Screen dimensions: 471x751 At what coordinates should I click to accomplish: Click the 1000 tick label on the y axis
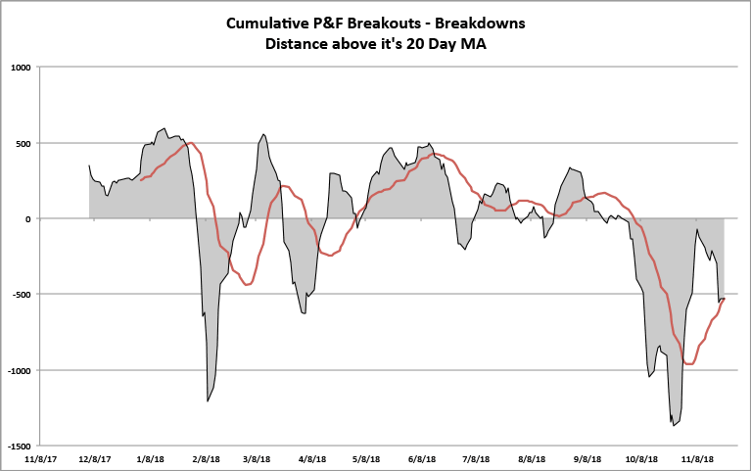[x=21, y=68]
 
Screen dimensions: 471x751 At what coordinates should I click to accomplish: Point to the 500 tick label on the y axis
[x=23, y=144]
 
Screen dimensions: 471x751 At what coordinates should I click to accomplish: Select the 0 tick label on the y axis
[x=28, y=219]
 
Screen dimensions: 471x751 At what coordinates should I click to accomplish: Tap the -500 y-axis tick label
[x=21, y=295]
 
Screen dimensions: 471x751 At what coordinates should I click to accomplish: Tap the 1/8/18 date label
[x=150, y=457]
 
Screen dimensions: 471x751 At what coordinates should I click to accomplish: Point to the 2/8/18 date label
[x=206, y=457]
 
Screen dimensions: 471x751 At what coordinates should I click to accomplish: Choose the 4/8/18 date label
[x=312, y=457]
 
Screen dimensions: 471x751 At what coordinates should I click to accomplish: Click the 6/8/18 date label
[x=422, y=457]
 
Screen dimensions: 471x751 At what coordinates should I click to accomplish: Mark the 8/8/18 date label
[x=532, y=457]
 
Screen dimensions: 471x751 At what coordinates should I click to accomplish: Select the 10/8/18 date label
[x=642, y=457]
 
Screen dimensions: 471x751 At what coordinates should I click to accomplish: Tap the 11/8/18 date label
[x=697, y=457]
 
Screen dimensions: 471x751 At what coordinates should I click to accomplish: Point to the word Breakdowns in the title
[x=481, y=23]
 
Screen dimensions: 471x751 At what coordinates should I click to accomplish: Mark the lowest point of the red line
[x=689, y=363]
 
